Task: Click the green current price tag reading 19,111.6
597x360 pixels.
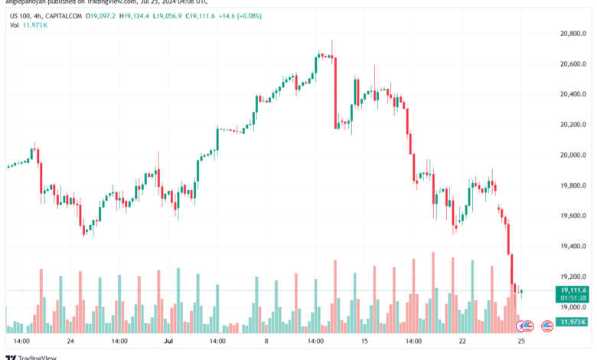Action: (573, 290)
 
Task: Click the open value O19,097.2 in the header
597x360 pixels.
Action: (103, 15)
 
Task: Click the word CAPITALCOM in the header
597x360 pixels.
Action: (66, 15)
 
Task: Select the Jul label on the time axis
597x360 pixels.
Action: (171, 340)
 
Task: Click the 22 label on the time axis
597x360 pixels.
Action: (462, 340)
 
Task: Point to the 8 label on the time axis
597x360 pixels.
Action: (267, 340)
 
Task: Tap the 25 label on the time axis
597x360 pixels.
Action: (520, 340)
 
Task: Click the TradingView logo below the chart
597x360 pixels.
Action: (28, 355)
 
